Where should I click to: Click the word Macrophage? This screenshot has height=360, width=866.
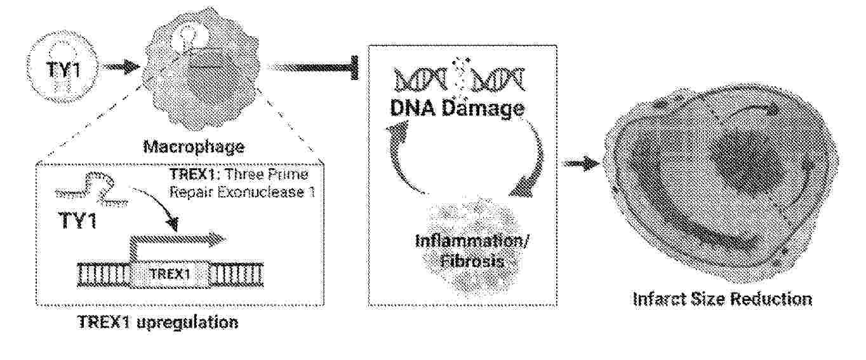[x=194, y=147]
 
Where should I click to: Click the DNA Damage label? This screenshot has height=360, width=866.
[x=457, y=109]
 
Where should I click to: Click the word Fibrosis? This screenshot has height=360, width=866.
[x=472, y=262]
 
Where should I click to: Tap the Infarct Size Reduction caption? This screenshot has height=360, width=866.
[x=722, y=299]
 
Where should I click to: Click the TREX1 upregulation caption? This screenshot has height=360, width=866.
[x=158, y=322]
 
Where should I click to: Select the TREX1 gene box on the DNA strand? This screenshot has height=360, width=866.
[x=170, y=274]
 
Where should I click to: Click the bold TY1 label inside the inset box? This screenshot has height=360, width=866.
[x=77, y=220]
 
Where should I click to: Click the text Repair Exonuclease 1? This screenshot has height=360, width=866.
[x=243, y=192]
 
